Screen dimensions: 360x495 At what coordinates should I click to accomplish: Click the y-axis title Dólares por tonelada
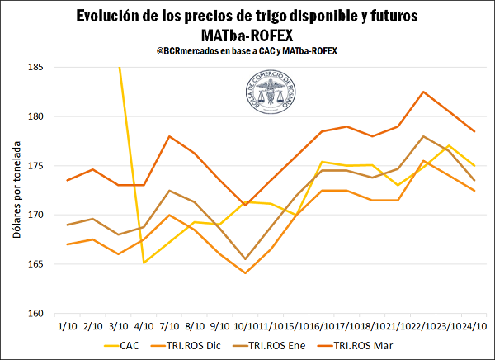(16, 190)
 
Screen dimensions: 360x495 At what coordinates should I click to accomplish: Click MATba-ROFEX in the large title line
(247, 36)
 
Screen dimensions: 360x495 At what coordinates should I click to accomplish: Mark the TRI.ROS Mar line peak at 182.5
(423, 92)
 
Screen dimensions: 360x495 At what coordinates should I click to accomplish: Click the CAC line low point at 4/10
(144, 263)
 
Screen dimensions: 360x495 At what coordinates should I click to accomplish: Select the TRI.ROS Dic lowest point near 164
(245, 273)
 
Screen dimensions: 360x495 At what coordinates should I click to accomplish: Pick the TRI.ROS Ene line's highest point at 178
(423, 136)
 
